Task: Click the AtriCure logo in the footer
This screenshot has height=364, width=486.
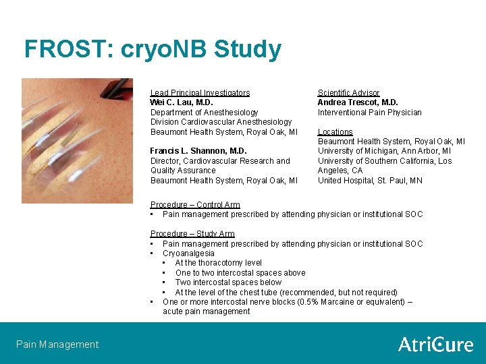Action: pyautogui.click(x=435, y=344)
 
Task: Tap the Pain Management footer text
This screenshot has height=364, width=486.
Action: pyautogui.click(x=57, y=344)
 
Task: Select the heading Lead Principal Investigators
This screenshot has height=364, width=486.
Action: pyautogui.click(x=200, y=93)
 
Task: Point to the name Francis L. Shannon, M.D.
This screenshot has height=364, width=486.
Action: pyautogui.click(x=198, y=151)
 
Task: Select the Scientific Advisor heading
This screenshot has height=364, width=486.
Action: pyautogui.click(x=348, y=93)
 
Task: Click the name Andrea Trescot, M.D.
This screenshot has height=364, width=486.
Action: pyautogui.click(x=358, y=102)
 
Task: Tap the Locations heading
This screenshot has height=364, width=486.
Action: pyautogui.click(x=335, y=132)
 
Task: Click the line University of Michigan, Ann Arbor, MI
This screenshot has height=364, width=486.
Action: pyautogui.click(x=384, y=151)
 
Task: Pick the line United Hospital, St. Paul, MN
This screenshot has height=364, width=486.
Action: pyautogui.click(x=370, y=180)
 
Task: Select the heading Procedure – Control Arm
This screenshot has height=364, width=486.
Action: pyautogui.click(x=195, y=205)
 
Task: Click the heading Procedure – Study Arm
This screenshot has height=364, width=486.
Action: pyautogui.click(x=192, y=234)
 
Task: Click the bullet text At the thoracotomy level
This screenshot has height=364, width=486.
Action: pyautogui.click(x=218, y=263)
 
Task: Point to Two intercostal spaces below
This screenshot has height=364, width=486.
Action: pyautogui.click(x=228, y=282)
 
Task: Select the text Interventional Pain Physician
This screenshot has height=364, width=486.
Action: pyautogui.click(x=369, y=113)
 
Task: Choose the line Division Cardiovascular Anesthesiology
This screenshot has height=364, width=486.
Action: pyautogui.click(x=221, y=122)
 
